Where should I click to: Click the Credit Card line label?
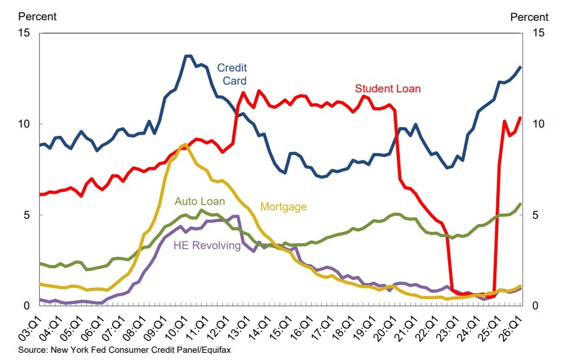232,75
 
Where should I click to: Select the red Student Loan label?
387,89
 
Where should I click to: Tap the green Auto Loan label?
200,201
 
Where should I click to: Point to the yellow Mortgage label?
284,207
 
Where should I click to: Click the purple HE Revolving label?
207,246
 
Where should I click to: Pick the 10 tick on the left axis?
24,124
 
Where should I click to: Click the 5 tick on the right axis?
535,215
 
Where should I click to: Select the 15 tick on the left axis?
24,33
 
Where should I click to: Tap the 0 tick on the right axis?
535,306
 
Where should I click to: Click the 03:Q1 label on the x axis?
30,328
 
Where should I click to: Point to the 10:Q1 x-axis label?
177,328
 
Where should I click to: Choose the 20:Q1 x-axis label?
385,328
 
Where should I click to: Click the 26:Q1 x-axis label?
511,328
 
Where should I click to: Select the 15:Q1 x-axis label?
281,328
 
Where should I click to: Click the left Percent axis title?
38,17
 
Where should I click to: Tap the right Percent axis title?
530,17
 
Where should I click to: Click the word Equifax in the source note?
216,350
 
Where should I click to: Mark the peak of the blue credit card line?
188,56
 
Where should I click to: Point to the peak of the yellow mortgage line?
185,144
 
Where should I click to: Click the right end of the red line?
520,117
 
